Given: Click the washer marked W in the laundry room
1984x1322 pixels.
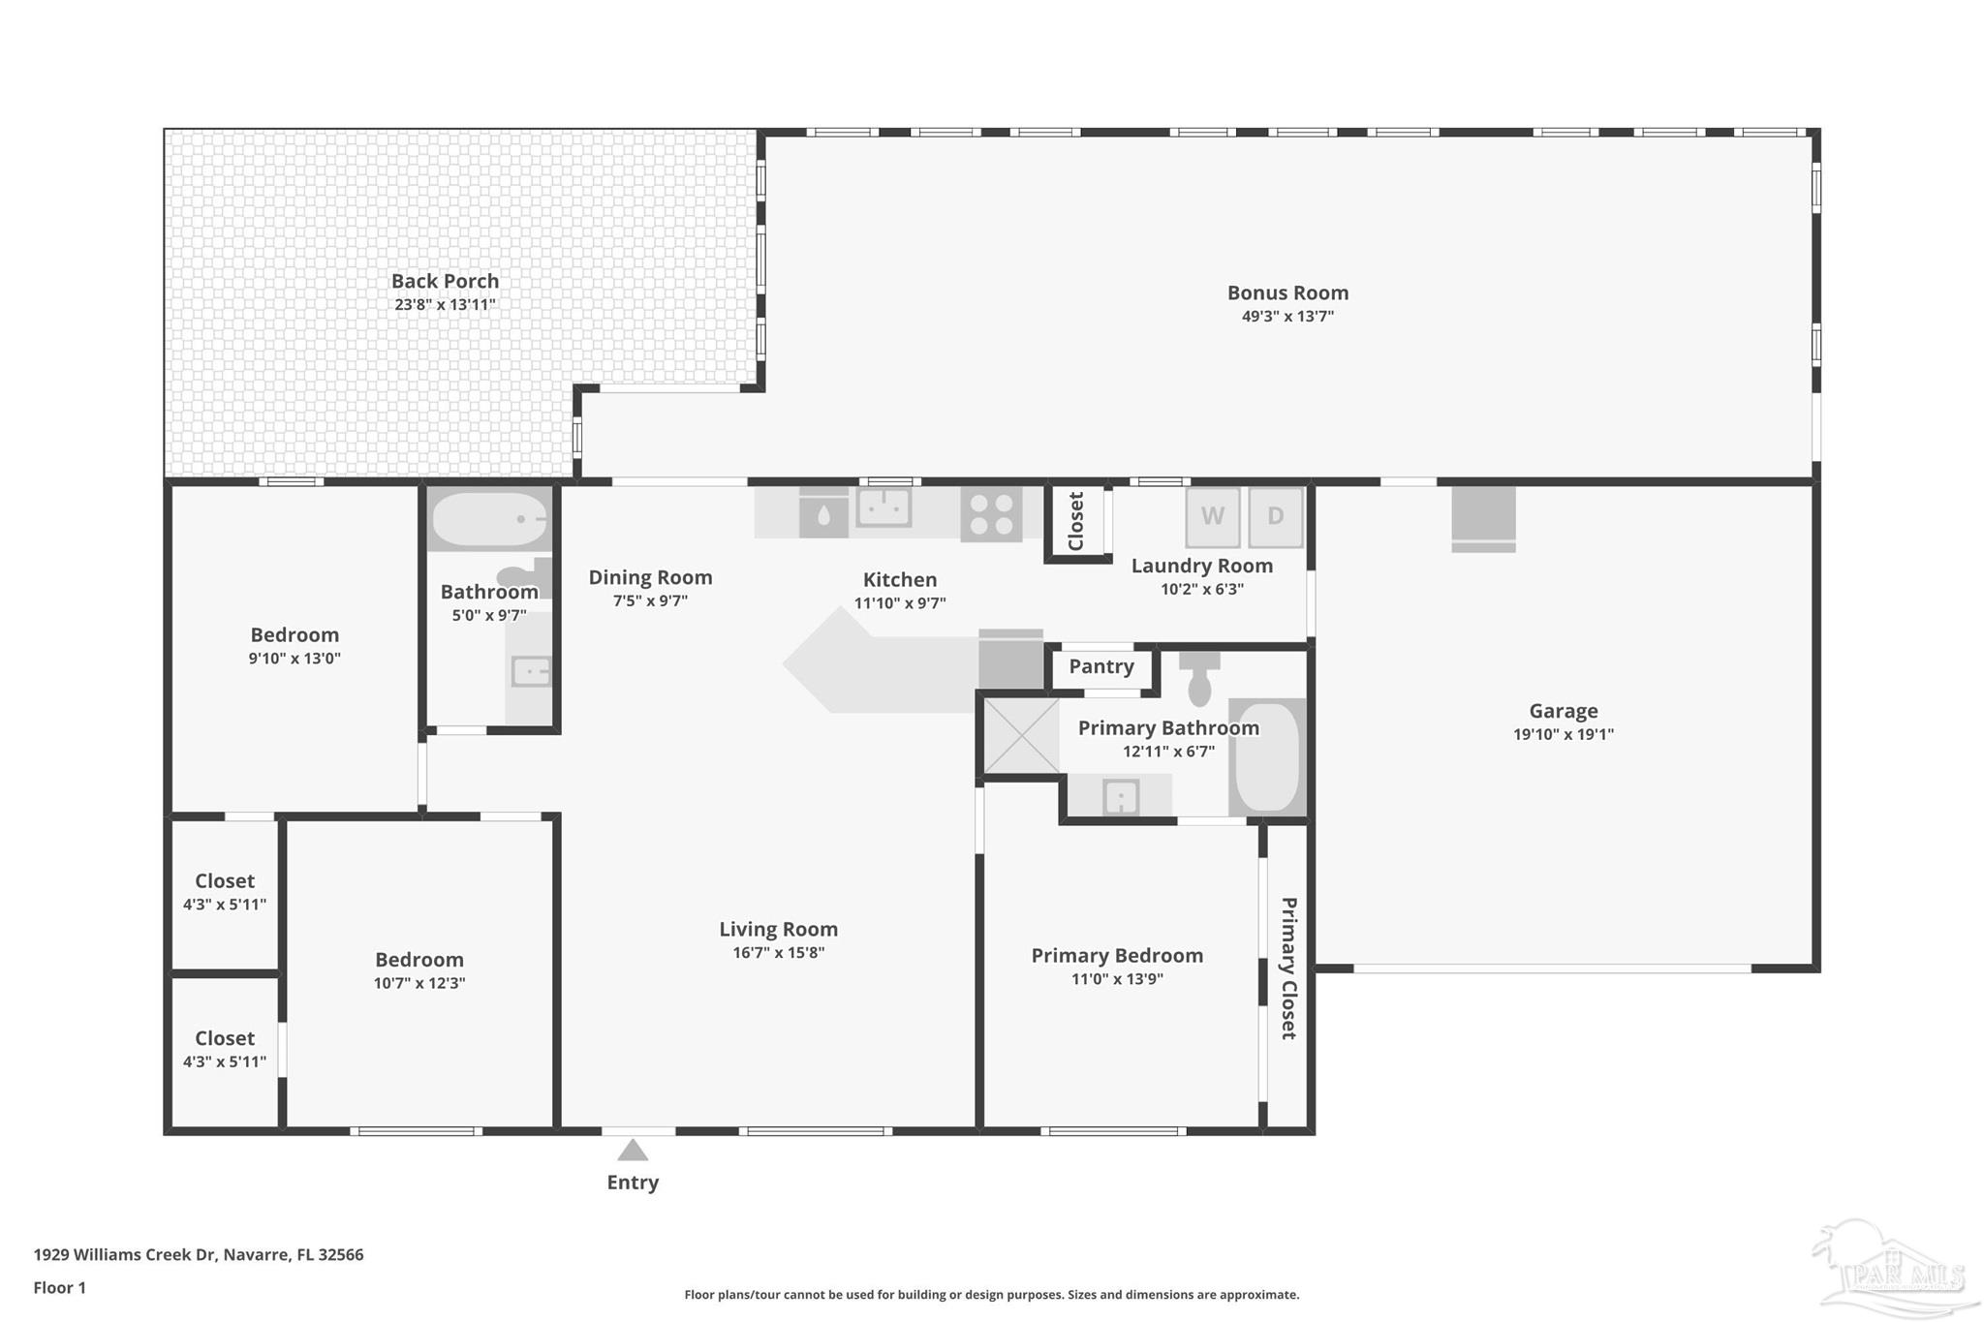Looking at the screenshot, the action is coord(1213,517).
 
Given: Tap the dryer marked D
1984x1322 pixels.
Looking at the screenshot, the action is coord(1275,517).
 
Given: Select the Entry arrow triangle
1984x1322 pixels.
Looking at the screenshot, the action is coord(633,1150).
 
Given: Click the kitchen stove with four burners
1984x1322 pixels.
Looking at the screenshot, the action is coord(991,513).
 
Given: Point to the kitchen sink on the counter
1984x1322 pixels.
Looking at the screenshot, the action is coord(883,507).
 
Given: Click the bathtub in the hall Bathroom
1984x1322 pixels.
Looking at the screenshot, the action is coord(489,519).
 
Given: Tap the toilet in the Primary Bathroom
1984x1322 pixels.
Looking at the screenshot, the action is coord(1199,678).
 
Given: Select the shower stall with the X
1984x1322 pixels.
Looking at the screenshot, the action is coord(1021,736).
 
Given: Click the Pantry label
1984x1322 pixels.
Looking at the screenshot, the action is coord(1101,666).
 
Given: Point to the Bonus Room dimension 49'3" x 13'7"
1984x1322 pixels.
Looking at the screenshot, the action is coord(1287,316).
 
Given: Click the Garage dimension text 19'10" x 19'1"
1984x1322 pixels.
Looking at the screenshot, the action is coord(1564,734).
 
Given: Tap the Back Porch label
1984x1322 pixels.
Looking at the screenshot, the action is coord(445,281).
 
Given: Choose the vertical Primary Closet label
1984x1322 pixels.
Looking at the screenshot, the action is coord(1288,968).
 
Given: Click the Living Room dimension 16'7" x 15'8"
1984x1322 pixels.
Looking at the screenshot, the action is coord(779,952).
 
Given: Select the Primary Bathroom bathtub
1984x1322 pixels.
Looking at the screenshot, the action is coord(1267,757).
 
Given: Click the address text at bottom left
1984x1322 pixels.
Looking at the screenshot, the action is coord(199,1254).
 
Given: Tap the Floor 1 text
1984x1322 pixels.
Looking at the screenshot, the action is coord(60,1287).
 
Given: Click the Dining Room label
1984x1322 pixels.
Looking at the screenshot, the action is coord(650,577).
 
